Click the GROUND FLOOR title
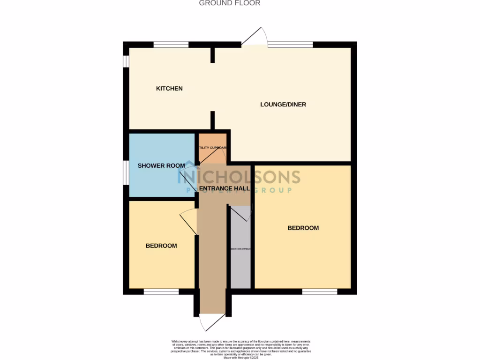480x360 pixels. tap(230, 3)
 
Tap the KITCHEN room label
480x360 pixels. tap(169, 89)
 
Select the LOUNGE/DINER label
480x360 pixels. tap(283, 105)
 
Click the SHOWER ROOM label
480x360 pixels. tap(161, 165)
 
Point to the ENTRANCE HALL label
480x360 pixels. tap(224, 188)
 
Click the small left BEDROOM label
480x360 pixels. tap(161, 246)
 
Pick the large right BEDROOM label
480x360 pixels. tap(303, 228)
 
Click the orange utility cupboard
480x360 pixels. tap(212, 149)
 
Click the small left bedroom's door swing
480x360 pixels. tap(188, 220)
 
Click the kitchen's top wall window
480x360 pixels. tap(171, 45)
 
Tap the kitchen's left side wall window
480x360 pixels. tap(126, 62)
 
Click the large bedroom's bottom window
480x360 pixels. tap(320, 292)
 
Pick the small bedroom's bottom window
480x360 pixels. tap(161, 292)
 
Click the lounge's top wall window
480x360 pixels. tap(290, 45)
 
